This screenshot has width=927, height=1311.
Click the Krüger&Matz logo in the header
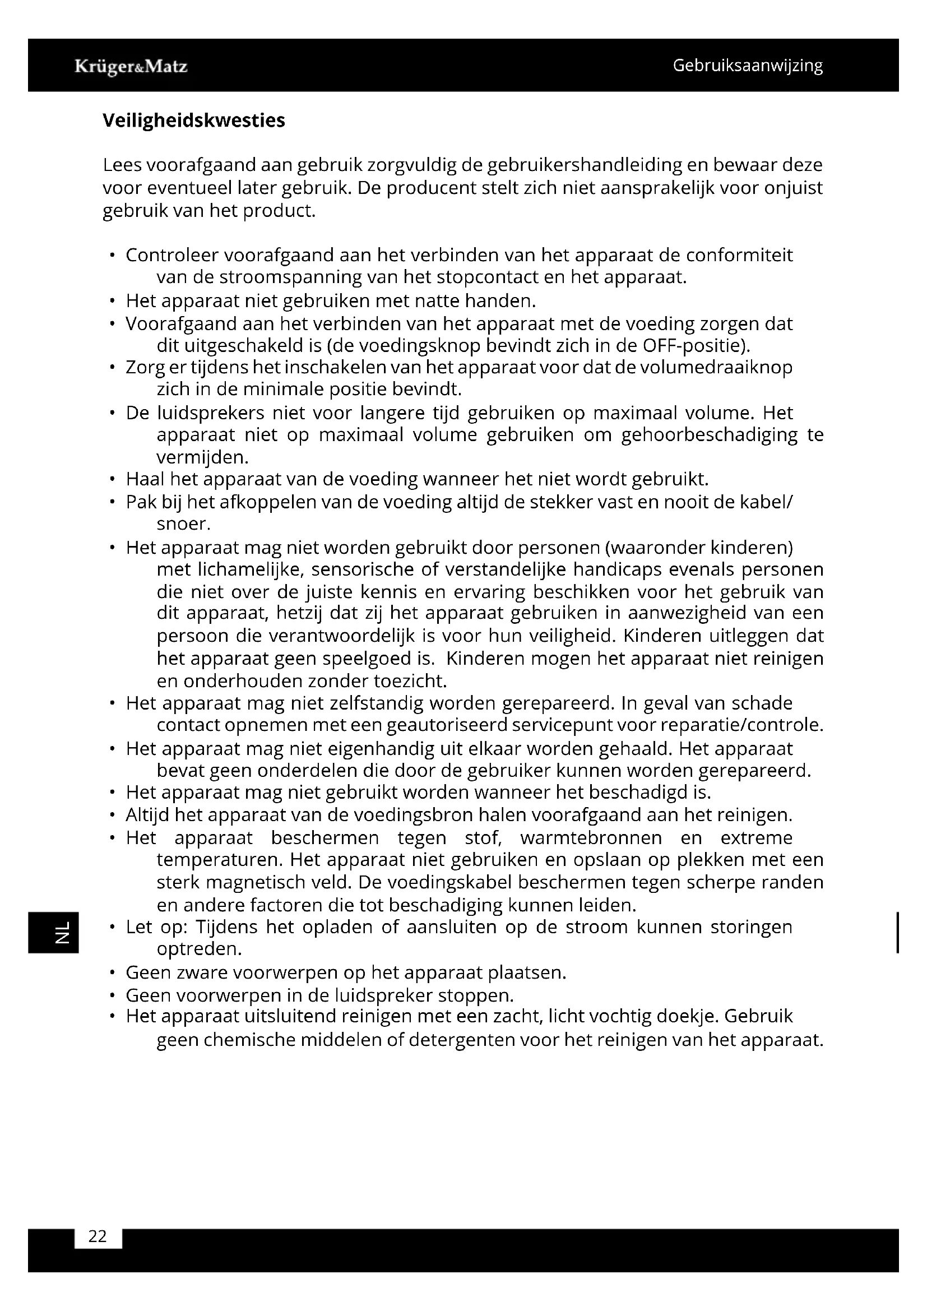click(x=131, y=67)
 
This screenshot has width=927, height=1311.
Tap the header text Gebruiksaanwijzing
click(x=747, y=66)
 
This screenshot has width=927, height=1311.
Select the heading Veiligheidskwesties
click(x=193, y=121)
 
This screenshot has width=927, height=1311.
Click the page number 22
click(x=98, y=1236)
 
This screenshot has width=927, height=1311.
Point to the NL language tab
click(x=62, y=933)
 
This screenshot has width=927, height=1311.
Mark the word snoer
click(x=183, y=524)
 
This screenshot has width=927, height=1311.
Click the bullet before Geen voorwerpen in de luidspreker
click(x=113, y=996)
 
